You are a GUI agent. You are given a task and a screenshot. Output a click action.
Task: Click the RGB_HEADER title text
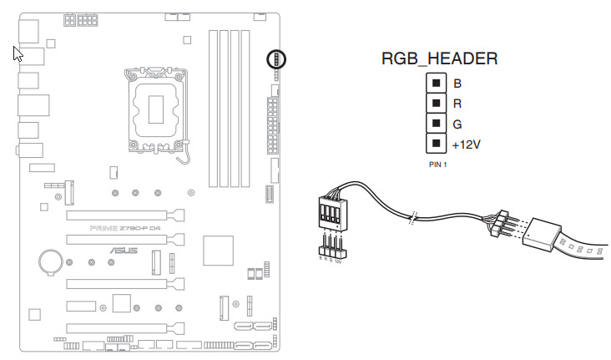point(440,58)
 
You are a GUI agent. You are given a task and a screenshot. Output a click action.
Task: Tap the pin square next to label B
point(434,83)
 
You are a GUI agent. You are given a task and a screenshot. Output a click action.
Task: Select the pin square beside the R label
point(434,103)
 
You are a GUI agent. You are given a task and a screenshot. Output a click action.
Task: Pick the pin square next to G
point(434,123)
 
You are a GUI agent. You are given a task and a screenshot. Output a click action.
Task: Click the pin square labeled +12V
point(434,144)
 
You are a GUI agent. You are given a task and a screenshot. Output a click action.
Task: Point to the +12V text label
point(467,145)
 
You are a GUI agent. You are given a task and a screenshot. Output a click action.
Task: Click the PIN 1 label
point(438,165)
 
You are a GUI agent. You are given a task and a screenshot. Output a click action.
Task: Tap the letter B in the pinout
point(457,84)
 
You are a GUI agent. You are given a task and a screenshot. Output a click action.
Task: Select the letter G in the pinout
point(457,124)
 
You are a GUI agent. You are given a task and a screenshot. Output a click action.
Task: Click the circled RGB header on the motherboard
point(275,59)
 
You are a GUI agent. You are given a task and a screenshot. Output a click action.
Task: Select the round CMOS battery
point(51,262)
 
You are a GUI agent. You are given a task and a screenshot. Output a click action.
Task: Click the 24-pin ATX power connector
point(272,125)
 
